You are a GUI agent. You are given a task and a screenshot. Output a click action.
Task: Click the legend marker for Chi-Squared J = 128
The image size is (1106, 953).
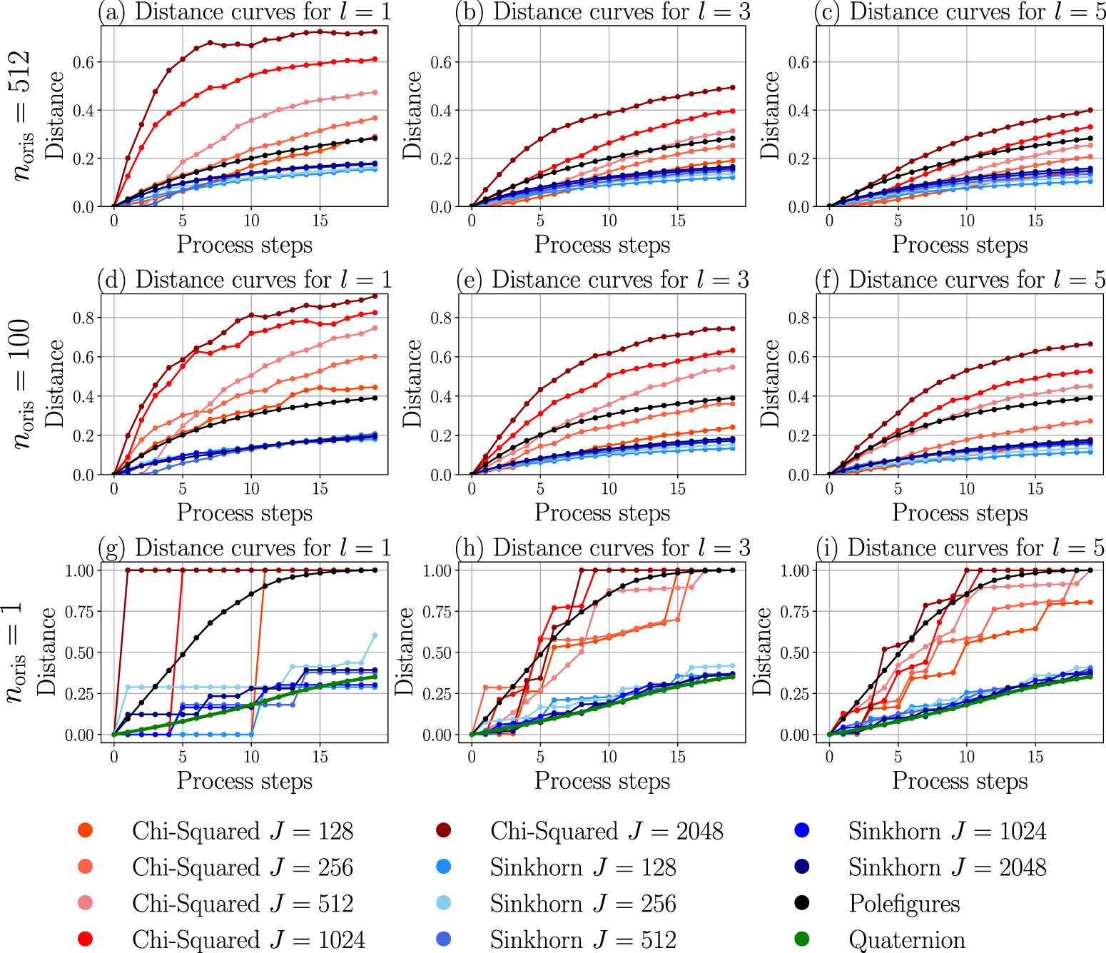coord(85,830)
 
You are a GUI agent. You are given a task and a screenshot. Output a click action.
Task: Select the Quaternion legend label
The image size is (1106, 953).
coord(906,939)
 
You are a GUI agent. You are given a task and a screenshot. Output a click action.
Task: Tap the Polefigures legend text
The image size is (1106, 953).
coord(904,903)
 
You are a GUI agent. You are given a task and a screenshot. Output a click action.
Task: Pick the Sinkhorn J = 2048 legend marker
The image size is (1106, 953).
coord(801,867)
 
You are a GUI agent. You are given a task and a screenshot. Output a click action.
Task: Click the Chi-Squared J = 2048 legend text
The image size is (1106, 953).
coord(607,831)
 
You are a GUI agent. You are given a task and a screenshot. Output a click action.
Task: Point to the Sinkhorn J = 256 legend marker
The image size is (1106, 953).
coord(443,903)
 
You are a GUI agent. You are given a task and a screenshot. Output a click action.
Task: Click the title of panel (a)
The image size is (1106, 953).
coord(245,12)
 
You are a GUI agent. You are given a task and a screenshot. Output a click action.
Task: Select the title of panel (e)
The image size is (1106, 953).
coord(602,280)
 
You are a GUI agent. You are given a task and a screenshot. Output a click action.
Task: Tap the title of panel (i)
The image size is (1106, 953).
coord(960,548)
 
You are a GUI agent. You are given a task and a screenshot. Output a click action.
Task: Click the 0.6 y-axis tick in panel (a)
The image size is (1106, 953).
coord(83,62)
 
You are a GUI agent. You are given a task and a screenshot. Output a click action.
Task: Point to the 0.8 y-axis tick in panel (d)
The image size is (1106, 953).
coord(83,318)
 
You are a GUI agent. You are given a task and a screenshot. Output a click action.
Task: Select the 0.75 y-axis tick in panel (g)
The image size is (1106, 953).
coord(78,611)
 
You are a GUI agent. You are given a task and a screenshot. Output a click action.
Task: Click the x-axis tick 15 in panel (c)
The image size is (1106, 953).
coord(1035,221)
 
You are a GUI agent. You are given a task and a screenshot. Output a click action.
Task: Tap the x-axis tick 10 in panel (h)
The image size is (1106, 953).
coord(609,756)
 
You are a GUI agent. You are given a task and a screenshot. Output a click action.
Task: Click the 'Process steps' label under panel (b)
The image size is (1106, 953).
coord(602,245)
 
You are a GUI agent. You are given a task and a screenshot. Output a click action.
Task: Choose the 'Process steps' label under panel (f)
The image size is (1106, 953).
coord(960,513)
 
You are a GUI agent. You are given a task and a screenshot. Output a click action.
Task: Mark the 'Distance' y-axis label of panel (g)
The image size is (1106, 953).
coord(47,651)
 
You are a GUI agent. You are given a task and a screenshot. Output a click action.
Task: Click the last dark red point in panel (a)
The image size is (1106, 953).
coord(375,32)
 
